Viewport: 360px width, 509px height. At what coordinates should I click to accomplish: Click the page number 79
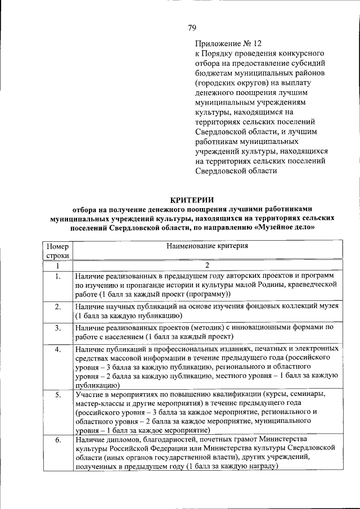191,28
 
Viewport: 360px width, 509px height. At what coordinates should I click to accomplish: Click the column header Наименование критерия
207,246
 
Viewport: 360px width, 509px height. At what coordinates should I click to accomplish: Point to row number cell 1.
58,276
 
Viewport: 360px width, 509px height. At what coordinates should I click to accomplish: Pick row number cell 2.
58,307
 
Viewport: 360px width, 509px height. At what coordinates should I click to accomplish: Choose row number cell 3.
58,327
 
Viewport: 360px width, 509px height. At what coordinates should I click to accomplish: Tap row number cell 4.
58,349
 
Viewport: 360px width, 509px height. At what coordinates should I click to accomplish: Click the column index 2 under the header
207,265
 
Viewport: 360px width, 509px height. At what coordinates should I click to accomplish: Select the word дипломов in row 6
121,439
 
